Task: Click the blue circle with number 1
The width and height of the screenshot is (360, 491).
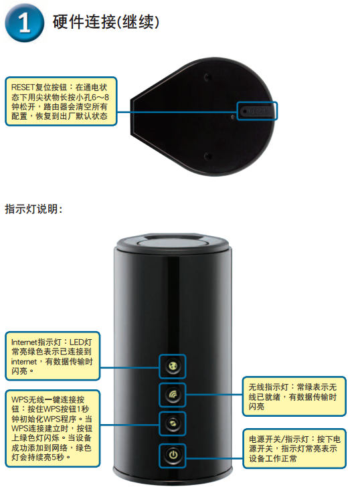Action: click(25, 23)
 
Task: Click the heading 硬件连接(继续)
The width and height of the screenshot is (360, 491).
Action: click(106, 22)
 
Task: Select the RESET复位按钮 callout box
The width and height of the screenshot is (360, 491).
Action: click(61, 102)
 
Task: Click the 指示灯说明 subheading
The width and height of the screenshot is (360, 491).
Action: click(33, 209)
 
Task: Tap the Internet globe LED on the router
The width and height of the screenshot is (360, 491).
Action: click(173, 366)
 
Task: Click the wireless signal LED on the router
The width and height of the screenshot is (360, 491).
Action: click(173, 395)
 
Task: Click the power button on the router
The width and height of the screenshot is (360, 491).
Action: click(173, 455)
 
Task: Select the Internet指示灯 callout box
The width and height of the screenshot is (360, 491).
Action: click(53, 357)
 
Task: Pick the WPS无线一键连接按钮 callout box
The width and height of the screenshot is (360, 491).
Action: click(53, 428)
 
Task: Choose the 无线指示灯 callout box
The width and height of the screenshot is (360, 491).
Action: click(294, 397)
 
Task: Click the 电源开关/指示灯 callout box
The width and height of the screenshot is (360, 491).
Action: click(294, 448)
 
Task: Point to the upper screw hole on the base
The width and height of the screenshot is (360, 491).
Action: click(207, 77)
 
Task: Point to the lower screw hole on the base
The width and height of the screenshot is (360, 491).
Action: click(207, 156)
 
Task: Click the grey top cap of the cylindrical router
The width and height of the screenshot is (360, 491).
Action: click(173, 243)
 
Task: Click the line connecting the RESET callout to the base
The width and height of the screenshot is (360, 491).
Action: click(177, 112)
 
